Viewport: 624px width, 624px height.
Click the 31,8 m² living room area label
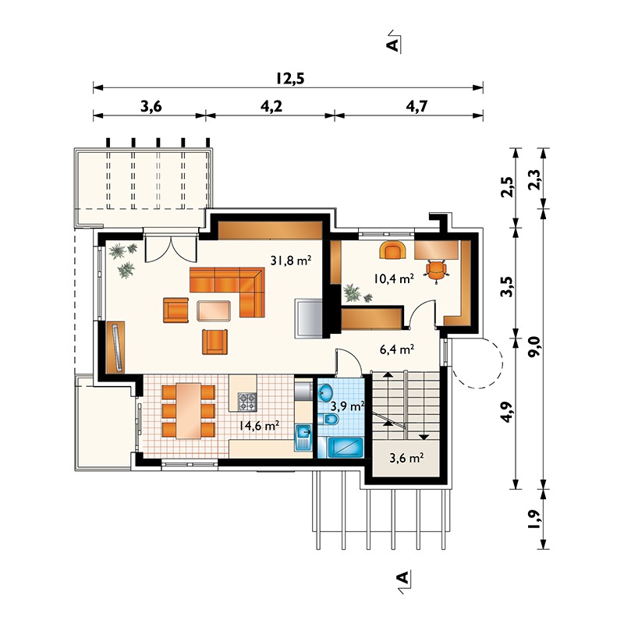pyautogui.click(x=290, y=261)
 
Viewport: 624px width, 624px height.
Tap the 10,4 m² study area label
pyautogui.click(x=394, y=278)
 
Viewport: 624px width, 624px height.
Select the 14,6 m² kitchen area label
pyautogui.click(x=259, y=425)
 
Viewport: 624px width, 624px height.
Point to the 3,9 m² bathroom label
pyautogui.click(x=347, y=406)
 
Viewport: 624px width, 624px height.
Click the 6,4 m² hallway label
pyautogui.click(x=397, y=349)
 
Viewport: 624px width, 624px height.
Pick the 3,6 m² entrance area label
pyautogui.click(x=406, y=458)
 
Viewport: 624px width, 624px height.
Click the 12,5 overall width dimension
pyautogui.click(x=290, y=79)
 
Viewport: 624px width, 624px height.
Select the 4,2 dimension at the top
pyautogui.click(x=271, y=106)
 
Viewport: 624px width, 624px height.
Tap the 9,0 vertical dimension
pyautogui.click(x=535, y=346)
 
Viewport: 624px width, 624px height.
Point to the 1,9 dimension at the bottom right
pyautogui.click(x=535, y=519)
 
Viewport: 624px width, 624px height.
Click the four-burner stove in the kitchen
pyautogui.click(x=247, y=402)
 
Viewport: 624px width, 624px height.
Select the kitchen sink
pyautogui.click(x=303, y=438)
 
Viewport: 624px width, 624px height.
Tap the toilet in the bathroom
pyautogui.click(x=328, y=419)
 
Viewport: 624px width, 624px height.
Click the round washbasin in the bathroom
pyautogui.click(x=327, y=393)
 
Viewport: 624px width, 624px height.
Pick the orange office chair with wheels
pyautogui.click(x=437, y=270)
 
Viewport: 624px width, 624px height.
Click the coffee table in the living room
pyautogui.click(x=214, y=310)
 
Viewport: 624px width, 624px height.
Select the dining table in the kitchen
pyautogui.click(x=188, y=411)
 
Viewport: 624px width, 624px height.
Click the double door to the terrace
pyautogui.click(x=171, y=250)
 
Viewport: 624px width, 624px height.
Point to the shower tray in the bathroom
pyautogui.click(x=345, y=447)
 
